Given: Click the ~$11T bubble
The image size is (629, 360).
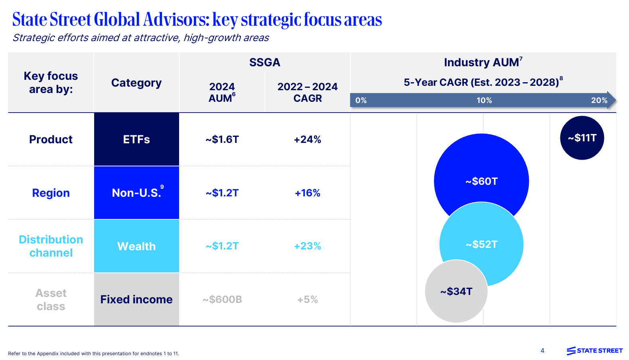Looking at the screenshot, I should click(x=582, y=138).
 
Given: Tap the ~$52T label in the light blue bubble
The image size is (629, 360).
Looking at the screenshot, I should click(x=481, y=244).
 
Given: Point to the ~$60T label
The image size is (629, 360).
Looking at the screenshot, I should click(x=481, y=181).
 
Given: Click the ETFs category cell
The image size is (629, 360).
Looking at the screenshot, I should click(x=136, y=139).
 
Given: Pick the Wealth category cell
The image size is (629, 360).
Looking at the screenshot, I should click(x=136, y=246).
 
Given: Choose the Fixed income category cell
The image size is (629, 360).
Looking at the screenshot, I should click(x=136, y=299).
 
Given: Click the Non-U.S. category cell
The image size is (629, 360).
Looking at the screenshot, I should click(x=136, y=193).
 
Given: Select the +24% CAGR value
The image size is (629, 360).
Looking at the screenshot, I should click(x=307, y=139).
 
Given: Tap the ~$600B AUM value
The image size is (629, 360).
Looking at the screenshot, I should click(x=222, y=299).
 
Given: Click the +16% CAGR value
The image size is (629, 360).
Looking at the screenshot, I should click(x=307, y=193).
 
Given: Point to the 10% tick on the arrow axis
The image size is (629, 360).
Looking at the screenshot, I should click(x=484, y=101).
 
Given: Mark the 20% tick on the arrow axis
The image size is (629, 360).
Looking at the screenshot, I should click(x=599, y=101).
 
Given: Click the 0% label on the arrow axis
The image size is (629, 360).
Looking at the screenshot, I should click(x=361, y=101).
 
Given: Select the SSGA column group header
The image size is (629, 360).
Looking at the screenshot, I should click(x=264, y=62).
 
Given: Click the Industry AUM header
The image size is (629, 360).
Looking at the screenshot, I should click(x=481, y=62).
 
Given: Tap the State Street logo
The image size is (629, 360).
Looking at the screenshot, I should click(x=594, y=350).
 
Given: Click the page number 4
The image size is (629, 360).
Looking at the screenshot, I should click(x=542, y=350).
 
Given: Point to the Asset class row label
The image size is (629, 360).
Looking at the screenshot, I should click(x=51, y=299).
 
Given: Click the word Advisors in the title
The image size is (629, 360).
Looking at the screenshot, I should click(x=176, y=20).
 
